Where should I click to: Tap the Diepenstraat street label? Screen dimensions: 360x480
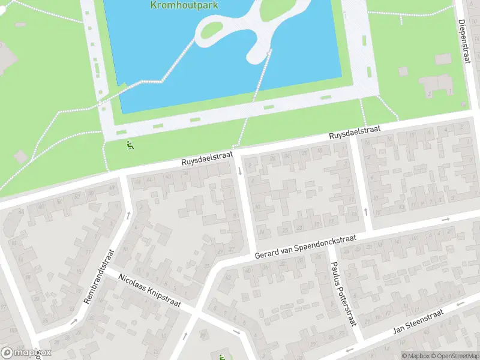466,41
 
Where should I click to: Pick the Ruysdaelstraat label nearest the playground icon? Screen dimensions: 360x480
207,158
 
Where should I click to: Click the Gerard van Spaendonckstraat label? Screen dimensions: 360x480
305,247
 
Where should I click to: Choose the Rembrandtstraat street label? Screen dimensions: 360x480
100,277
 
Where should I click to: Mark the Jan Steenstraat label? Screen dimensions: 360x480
418,322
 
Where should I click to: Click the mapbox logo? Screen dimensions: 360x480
26,353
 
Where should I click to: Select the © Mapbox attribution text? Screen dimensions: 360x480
415,356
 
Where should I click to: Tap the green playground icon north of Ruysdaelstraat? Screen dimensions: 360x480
130,144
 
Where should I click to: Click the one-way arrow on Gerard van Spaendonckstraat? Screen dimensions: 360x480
446,219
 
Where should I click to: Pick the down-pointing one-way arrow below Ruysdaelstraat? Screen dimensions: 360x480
240,172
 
